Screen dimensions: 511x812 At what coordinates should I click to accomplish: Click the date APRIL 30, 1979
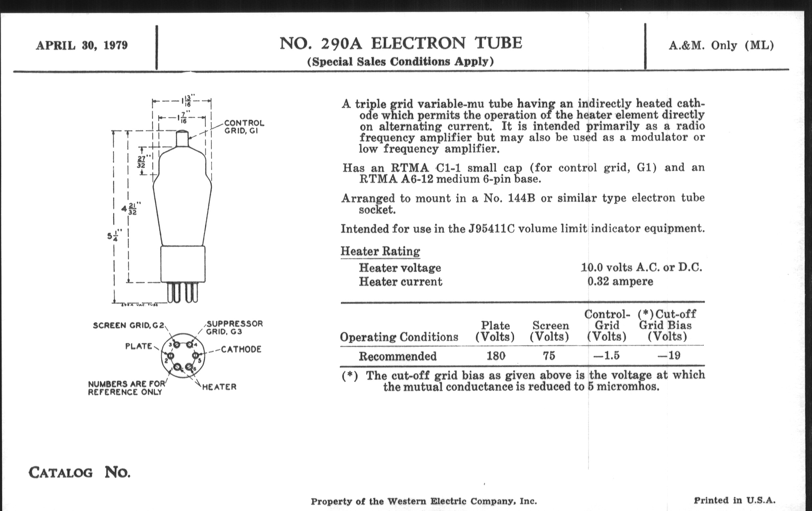click(81, 45)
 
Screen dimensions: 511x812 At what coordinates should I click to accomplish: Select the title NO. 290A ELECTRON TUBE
click(401, 43)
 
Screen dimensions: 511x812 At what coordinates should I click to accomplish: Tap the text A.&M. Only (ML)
click(721, 45)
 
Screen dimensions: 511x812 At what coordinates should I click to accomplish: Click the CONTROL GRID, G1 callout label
click(244, 127)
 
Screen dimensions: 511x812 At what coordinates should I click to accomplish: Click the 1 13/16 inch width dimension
click(186, 100)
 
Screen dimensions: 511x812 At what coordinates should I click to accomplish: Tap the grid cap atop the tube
click(182, 138)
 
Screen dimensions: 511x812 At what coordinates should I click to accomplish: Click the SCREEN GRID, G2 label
click(129, 326)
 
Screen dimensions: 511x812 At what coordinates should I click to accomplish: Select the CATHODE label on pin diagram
click(241, 349)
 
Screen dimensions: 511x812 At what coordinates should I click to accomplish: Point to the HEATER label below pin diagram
click(219, 387)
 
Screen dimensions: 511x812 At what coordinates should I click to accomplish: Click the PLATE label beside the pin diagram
click(139, 346)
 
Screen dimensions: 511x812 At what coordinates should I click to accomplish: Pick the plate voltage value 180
click(496, 356)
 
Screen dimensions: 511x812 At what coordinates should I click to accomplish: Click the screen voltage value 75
click(549, 356)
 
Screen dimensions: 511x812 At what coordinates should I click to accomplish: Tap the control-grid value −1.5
click(606, 356)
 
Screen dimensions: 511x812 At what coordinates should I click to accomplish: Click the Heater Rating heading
click(380, 251)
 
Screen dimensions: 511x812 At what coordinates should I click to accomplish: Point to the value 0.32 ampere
click(620, 281)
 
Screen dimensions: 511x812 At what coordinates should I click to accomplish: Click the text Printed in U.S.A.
click(735, 500)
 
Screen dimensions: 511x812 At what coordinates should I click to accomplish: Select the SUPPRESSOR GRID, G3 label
click(234, 328)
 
